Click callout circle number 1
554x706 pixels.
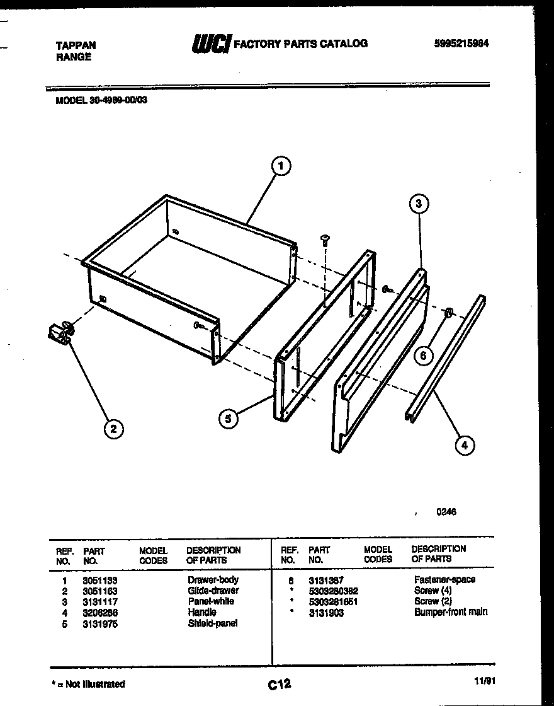pyautogui.click(x=281, y=166)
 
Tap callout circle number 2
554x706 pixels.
pyautogui.click(x=113, y=430)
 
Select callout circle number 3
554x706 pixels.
pyautogui.click(x=419, y=204)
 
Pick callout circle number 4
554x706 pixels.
pyautogui.click(x=464, y=445)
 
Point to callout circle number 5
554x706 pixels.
pyautogui.click(x=229, y=418)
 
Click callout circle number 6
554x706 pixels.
pyautogui.click(x=423, y=356)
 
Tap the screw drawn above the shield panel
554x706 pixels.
pyautogui.click(x=325, y=238)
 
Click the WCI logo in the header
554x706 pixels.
pyautogui.click(x=211, y=43)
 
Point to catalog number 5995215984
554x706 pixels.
pyautogui.click(x=461, y=43)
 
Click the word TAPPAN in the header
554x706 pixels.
pyautogui.click(x=76, y=46)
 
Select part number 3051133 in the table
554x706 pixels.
pyautogui.click(x=100, y=580)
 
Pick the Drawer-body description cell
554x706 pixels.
pyautogui.click(x=213, y=580)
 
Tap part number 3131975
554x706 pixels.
pyautogui.click(x=100, y=624)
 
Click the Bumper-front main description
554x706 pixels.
pyautogui.click(x=451, y=612)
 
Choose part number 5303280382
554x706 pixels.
pyautogui.click(x=334, y=591)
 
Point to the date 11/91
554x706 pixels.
pyautogui.click(x=482, y=681)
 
